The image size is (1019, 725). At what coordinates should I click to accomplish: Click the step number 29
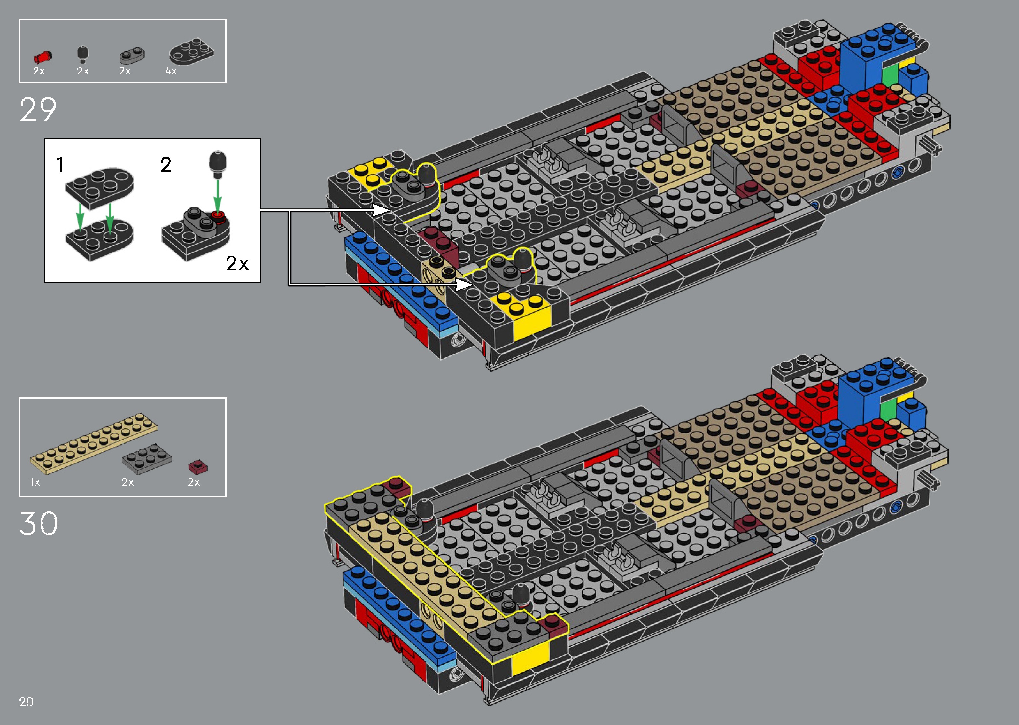(x=38, y=110)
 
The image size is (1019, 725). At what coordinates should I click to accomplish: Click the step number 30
(x=39, y=524)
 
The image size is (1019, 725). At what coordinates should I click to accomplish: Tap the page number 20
(x=26, y=702)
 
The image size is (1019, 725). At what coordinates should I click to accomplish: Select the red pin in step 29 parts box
(x=42, y=57)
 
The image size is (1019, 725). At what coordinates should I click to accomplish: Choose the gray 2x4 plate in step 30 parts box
(x=147, y=458)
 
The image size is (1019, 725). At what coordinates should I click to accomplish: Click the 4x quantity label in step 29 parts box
(x=171, y=71)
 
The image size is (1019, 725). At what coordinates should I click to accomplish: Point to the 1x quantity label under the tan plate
(x=35, y=482)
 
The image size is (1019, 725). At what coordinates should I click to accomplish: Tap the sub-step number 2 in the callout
(x=166, y=165)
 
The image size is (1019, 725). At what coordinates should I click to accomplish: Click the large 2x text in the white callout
(x=237, y=263)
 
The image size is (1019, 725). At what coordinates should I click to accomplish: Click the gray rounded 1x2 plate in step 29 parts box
(x=132, y=56)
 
